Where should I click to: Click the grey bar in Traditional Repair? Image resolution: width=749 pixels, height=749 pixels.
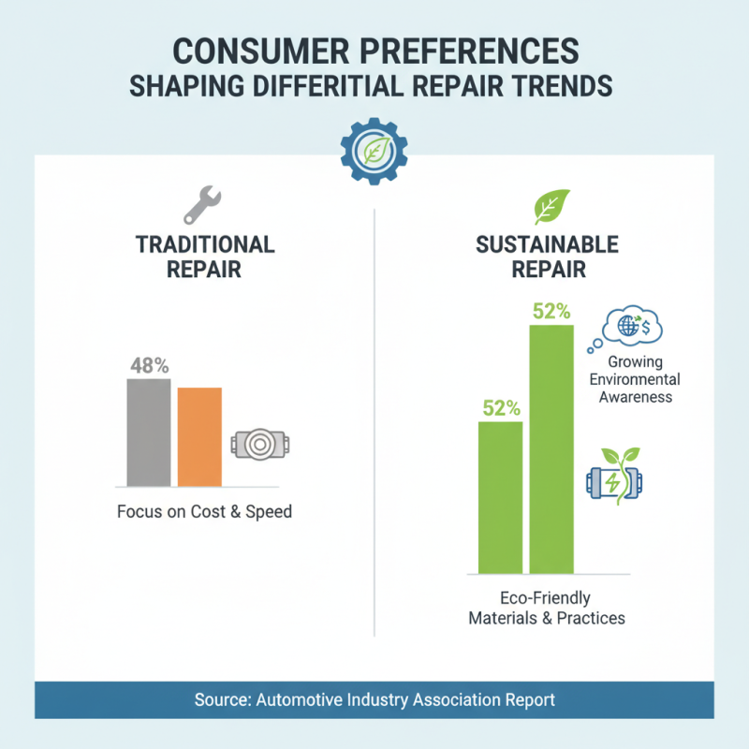(x=149, y=432)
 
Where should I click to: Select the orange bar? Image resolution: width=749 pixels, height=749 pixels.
(x=199, y=436)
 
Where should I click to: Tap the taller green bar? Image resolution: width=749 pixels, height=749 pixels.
(x=551, y=448)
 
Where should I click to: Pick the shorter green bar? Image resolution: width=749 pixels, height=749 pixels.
(x=500, y=497)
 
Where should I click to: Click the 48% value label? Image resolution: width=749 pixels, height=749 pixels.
(x=148, y=366)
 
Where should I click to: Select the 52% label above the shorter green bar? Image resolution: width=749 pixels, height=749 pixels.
(x=500, y=408)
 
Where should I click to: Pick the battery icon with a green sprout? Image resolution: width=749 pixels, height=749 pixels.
(x=615, y=478)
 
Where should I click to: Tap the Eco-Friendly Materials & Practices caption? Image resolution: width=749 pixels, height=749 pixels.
(x=547, y=609)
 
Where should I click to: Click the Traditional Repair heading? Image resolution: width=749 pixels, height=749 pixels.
(x=205, y=257)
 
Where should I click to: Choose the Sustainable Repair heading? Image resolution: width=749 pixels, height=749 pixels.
(x=547, y=257)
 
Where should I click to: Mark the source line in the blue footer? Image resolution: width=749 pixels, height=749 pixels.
(x=374, y=699)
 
